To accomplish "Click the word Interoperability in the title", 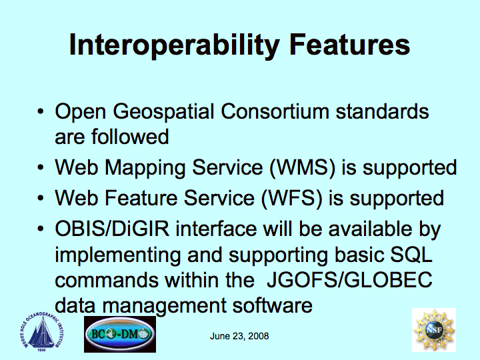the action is pyautogui.click(x=175, y=45).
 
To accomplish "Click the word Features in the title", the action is pyautogui.click(x=349, y=45).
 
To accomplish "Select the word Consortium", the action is pyautogui.click(x=275, y=111).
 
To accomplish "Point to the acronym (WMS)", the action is pyautogui.click(x=303, y=168).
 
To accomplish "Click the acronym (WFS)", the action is pyautogui.click(x=292, y=199).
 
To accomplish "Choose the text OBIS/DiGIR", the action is pyautogui.click(x=112, y=229).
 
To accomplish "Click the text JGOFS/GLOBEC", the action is pyautogui.click(x=349, y=279).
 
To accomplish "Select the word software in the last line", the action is pyautogui.click(x=273, y=305).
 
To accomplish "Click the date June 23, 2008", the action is pyautogui.click(x=239, y=336).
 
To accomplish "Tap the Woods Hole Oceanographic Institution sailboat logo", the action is pyautogui.click(x=41, y=333).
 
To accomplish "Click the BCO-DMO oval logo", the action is pyautogui.click(x=120, y=334).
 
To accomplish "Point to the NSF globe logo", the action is pyautogui.click(x=434, y=330).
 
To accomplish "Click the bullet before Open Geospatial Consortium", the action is pyautogui.click(x=41, y=111).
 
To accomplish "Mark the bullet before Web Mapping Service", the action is pyautogui.click(x=41, y=167).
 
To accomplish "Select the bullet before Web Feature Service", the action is pyautogui.click(x=41, y=198).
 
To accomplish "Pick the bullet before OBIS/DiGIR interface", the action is pyautogui.click(x=41, y=229).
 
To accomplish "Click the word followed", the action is pyautogui.click(x=130, y=136).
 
